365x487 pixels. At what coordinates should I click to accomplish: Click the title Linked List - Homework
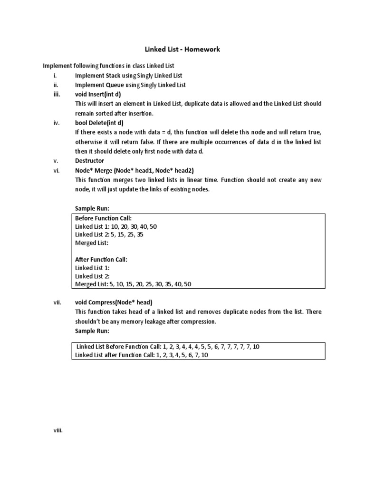[182, 49]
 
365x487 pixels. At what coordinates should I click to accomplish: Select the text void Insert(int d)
[98, 94]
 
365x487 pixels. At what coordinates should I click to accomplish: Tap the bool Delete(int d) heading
[99, 122]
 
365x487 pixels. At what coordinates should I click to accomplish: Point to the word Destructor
[89, 161]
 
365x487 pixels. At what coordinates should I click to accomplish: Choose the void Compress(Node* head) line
[114, 302]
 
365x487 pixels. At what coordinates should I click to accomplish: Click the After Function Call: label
[101, 260]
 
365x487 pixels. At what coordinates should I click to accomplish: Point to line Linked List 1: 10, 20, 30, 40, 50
[116, 226]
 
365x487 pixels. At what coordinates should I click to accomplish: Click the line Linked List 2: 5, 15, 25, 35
[109, 235]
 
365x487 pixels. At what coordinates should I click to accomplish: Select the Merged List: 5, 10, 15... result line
[133, 284]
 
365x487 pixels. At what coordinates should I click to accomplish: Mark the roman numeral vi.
[56, 170]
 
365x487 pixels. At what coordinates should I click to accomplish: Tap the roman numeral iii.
[57, 94]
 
